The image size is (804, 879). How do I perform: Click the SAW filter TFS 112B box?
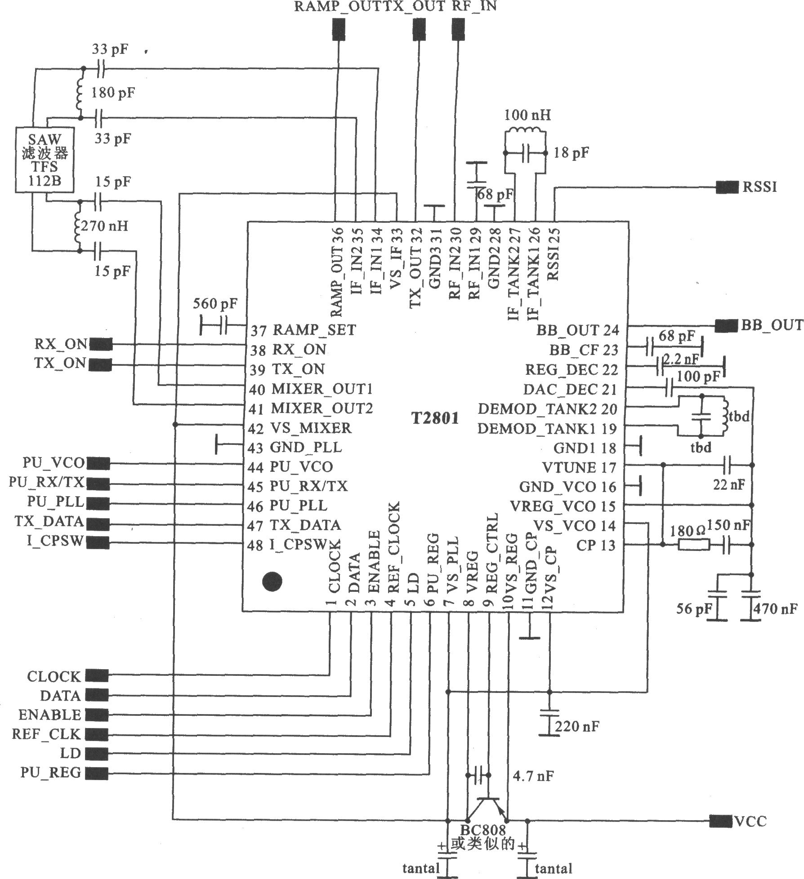point(45,160)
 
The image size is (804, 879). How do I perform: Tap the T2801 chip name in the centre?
point(435,418)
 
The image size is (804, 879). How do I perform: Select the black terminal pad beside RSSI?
point(727,187)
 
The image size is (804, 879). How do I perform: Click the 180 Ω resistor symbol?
point(694,545)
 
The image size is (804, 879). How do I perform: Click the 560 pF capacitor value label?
point(215,303)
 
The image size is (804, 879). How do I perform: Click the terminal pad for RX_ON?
point(101,345)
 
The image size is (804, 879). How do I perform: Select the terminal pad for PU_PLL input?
point(98,502)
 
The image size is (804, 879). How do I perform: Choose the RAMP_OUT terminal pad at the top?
point(339,30)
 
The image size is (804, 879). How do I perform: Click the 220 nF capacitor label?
point(577,726)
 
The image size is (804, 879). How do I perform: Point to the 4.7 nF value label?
point(533,775)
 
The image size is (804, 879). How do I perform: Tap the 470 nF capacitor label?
point(774,608)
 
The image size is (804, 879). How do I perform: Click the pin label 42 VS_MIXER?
point(299,428)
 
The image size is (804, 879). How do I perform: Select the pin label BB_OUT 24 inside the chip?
point(578,330)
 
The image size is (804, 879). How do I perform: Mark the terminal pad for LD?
point(97,753)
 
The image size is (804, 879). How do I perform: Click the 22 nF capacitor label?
point(728,484)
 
